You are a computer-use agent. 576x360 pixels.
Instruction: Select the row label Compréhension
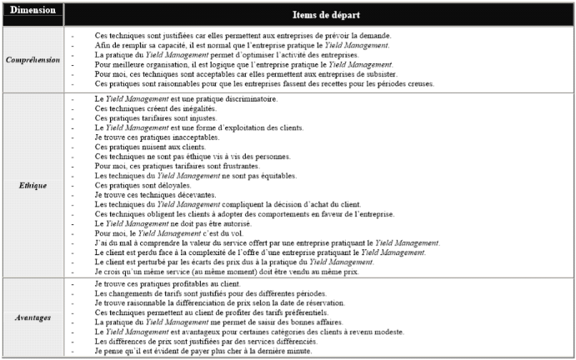[x=32, y=59]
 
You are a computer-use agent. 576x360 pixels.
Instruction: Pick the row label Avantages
[x=32, y=317]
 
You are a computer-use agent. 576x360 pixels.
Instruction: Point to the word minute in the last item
[x=298, y=351]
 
